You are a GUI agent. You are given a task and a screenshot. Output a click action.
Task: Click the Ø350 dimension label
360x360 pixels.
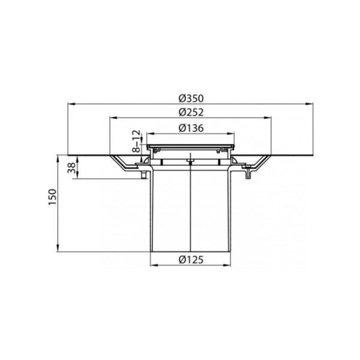click(191, 98)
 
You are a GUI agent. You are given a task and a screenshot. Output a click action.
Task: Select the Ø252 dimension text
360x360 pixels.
click(191, 112)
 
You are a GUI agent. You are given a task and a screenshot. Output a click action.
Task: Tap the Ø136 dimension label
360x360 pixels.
click(191, 128)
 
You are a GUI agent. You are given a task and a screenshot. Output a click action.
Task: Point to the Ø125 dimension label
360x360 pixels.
click(191, 260)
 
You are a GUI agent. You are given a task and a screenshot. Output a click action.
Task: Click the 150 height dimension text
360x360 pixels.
click(53, 197)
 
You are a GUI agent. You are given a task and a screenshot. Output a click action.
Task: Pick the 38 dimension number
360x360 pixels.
click(72, 168)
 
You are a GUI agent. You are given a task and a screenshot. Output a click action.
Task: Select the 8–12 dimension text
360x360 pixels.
click(136, 142)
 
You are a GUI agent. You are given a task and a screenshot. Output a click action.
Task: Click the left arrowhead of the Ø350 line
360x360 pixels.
click(71, 104)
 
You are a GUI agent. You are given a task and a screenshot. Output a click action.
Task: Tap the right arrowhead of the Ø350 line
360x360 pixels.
click(310, 104)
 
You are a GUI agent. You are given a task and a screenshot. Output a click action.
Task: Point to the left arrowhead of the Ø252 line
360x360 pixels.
click(113, 118)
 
